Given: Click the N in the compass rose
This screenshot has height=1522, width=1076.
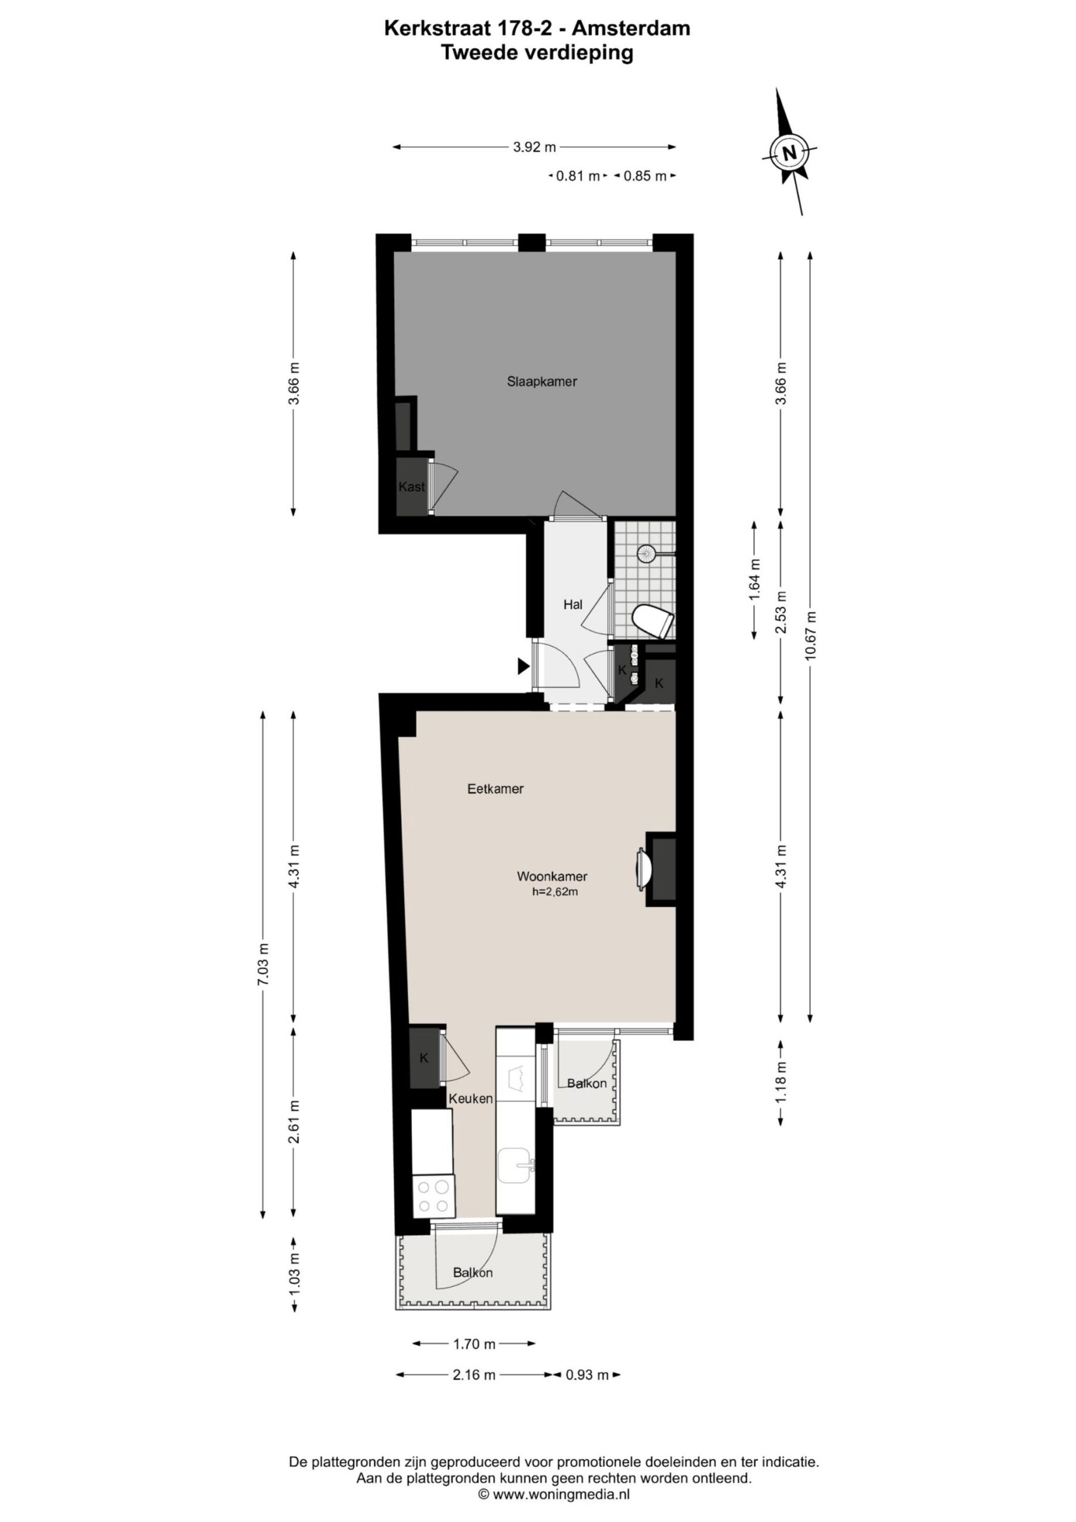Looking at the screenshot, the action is [789, 153].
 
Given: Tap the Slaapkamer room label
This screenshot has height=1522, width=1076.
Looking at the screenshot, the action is [542, 381].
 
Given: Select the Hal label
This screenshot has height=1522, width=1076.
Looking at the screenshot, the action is [573, 605].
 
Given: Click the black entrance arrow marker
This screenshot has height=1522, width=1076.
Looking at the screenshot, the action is [524, 666].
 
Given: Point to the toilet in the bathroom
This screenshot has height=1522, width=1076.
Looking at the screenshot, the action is [653, 622].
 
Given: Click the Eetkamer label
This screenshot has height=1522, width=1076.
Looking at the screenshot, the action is [495, 789].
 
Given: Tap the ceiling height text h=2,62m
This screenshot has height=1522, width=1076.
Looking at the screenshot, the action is [555, 892].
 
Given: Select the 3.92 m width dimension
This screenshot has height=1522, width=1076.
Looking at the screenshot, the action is [534, 147].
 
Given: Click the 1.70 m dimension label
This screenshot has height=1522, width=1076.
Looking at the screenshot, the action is [474, 1344].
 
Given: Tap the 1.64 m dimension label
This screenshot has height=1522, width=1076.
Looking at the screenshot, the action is [754, 579].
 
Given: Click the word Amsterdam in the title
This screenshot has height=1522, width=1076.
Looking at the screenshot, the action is [631, 28].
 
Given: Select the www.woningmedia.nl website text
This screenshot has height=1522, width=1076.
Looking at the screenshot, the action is [561, 1494].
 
